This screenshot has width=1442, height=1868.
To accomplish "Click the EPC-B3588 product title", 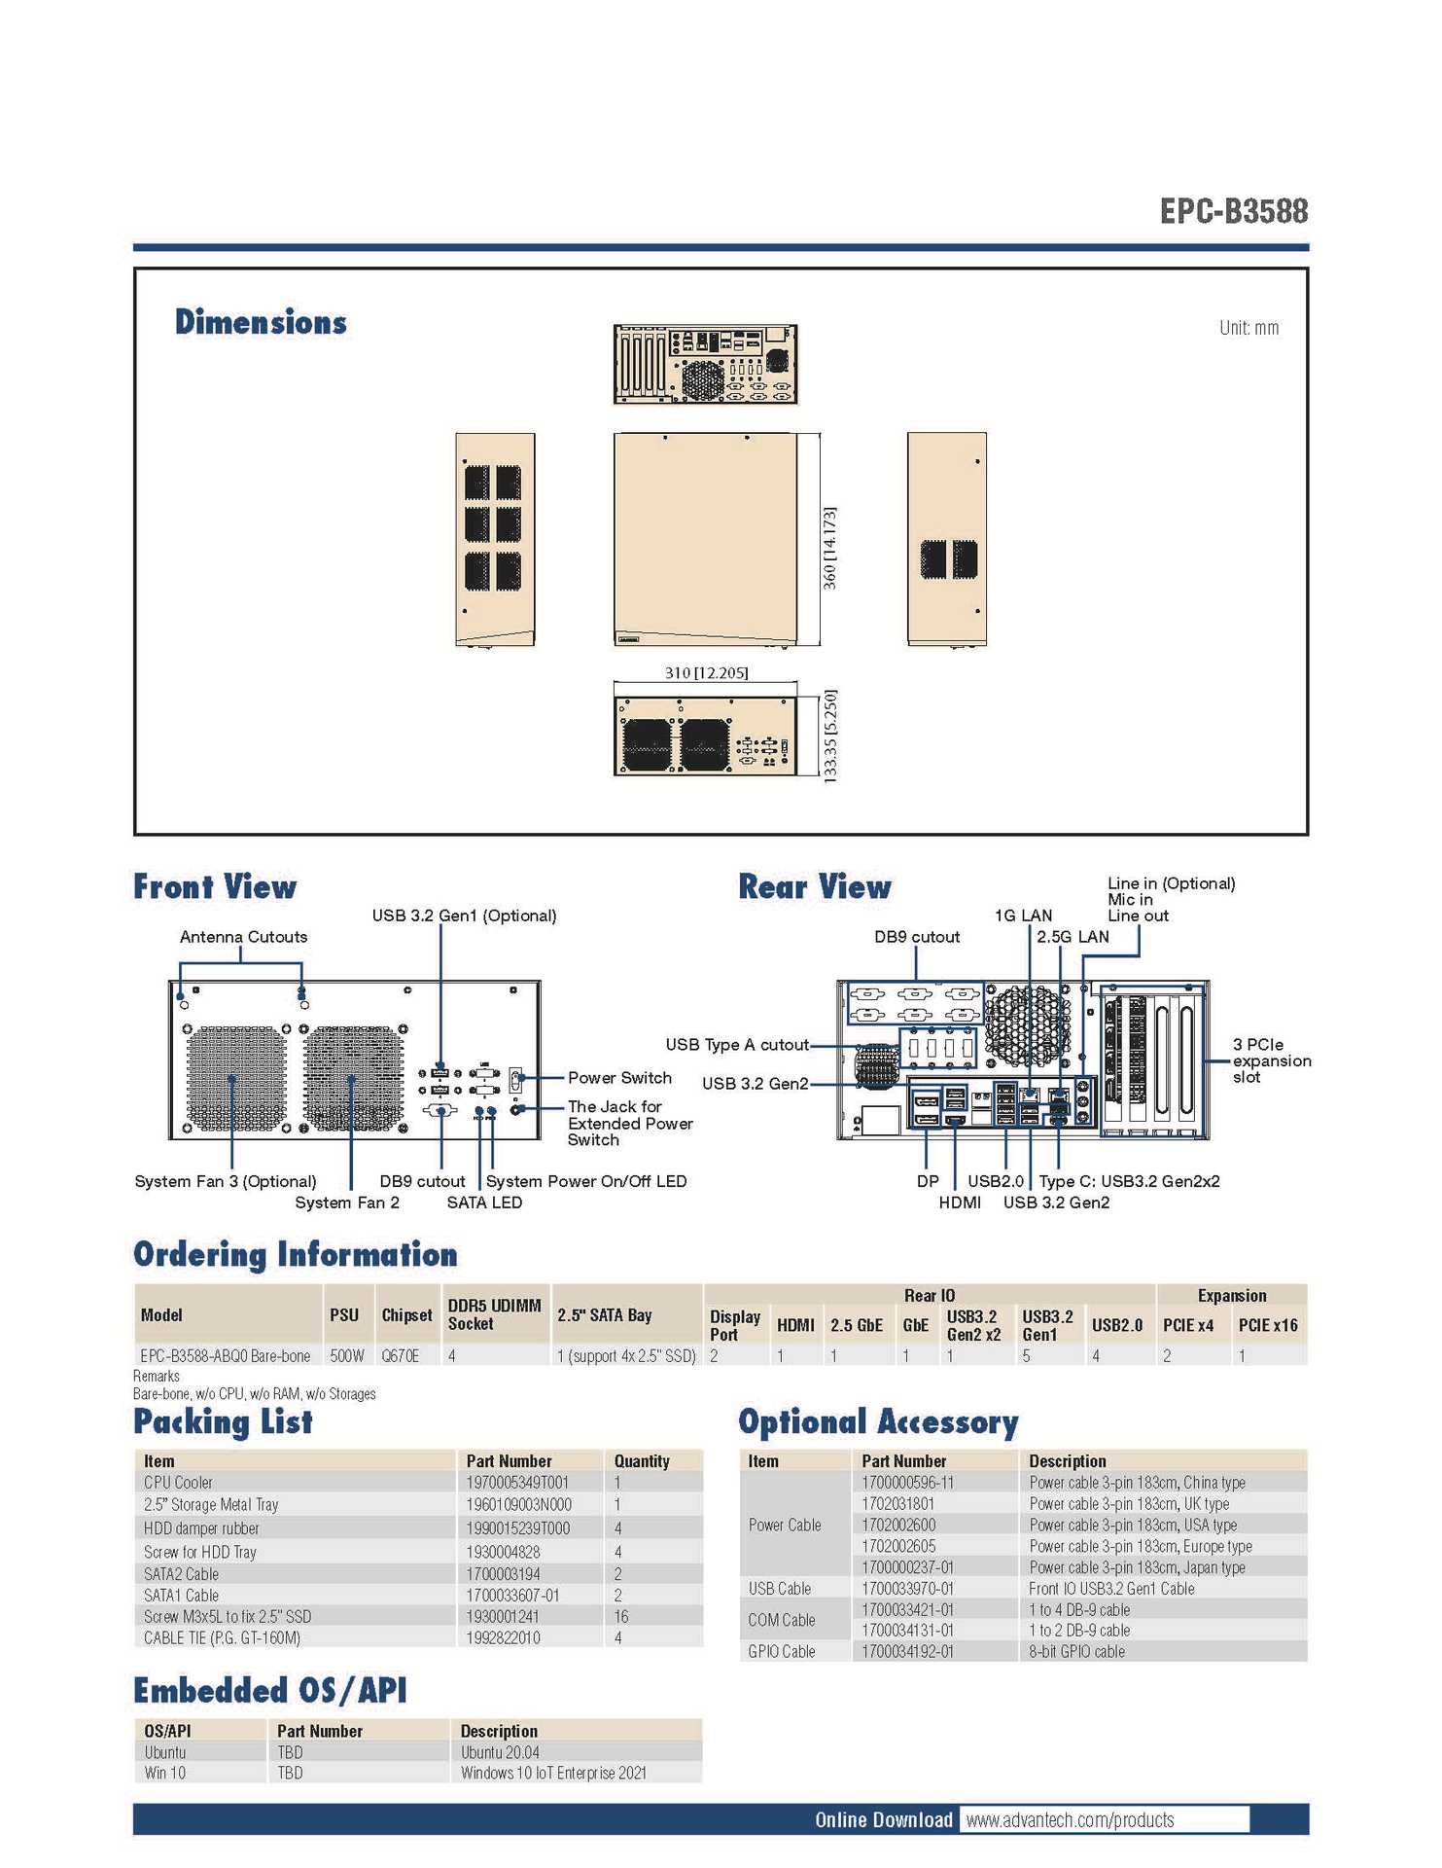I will point(1233,211).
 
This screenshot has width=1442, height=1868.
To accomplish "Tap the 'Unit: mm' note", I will point(1249,328).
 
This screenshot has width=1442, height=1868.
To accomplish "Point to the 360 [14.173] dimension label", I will point(829,548).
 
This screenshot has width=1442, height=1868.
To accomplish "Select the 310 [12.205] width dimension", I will point(706,672).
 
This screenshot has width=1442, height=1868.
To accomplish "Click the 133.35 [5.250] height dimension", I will point(829,736).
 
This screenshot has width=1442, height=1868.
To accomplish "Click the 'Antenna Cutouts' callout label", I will point(243,937).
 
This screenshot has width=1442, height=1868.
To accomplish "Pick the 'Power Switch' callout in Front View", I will point(619,1078).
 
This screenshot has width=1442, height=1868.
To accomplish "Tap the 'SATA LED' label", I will point(484,1203).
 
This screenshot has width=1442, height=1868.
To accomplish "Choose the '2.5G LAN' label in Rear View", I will point(1072,937).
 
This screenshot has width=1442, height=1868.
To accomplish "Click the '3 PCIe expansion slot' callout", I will point(1271,1060).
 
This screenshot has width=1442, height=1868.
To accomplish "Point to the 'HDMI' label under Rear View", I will point(959,1203).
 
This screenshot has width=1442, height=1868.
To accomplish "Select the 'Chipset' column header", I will point(406,1315).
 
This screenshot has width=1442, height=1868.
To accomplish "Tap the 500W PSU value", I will point(346,1355).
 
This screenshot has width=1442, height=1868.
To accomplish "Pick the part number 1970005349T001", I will point(517,1483).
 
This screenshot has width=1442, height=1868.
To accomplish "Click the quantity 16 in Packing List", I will point(621,1616).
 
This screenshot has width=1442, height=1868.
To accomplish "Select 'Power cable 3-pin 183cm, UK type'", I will point(1129,1504).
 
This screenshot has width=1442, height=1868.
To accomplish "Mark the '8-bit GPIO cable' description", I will point(1076,1651).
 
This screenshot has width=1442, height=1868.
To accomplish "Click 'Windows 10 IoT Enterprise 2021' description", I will point(553,1773).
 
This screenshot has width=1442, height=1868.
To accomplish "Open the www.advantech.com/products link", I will point(1070,1819).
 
